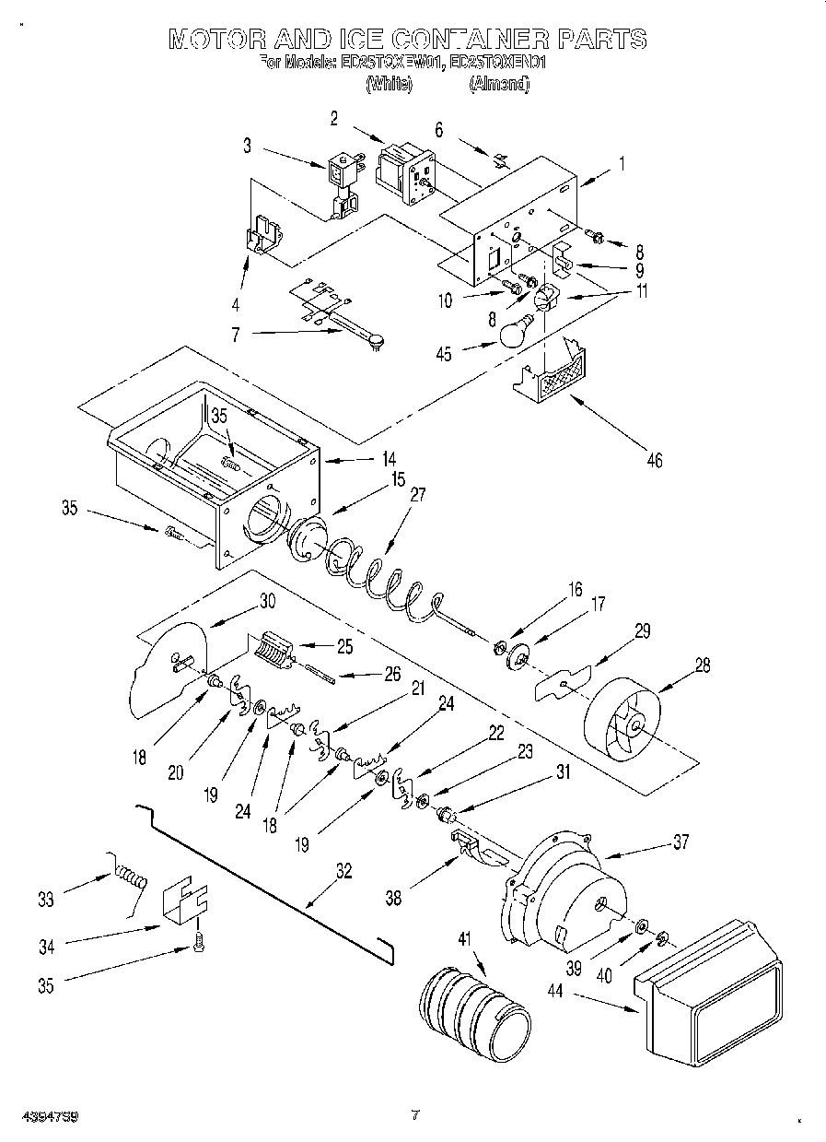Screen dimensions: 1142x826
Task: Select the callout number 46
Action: (x=654, y=460)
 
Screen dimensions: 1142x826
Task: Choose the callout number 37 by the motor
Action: (x=680, y=841)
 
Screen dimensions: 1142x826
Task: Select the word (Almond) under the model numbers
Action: (x=499, y=84)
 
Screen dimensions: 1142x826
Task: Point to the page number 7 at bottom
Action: (x=414, y=1115)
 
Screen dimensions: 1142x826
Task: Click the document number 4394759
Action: (x=49, y=1115)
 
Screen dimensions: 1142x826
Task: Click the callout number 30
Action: (x=267, y=600)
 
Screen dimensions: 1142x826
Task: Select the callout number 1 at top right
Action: (x=622, y=165)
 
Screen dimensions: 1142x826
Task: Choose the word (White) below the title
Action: (x=386, y=84)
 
